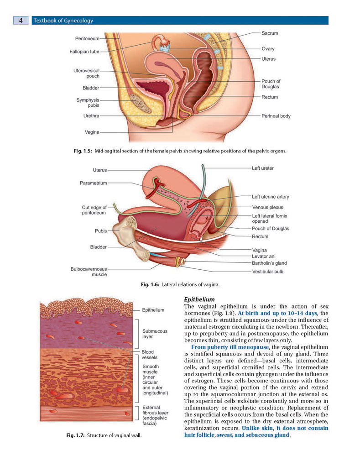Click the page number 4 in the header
point(21,20)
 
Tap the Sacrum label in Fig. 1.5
point(270,33)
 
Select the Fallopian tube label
point(84,52)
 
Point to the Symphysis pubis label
point(88,103)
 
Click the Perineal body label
point(276,116)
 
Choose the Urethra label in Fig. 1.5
point(91,115)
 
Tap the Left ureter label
point(262,168)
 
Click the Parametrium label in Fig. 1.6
point(93,183)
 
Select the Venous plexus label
point(268,208)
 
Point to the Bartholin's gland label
point(269,263)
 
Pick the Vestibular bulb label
point(268,272)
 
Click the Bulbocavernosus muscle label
point(89,272)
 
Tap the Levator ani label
point(264,256)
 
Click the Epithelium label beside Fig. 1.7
point(153,310)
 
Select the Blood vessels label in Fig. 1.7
point(149,355)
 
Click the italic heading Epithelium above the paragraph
point(199,299)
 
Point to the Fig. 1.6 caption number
point(150,285)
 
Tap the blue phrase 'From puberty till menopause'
point(230,347)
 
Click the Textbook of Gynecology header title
point(63,21)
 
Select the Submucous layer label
point(155,334)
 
